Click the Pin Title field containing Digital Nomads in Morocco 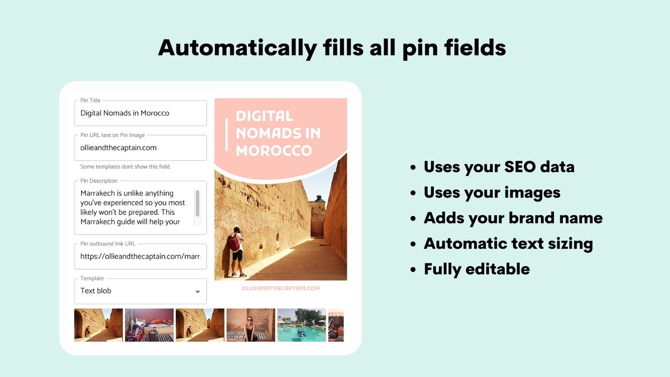pyautogui.click(x=140, y=113)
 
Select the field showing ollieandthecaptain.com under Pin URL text pyautogui.click(x=140, y=148)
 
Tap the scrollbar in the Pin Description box pyautogui.click(x=197, y=203)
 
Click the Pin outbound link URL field pyautogui.click(x=140, y=256)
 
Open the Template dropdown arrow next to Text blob pyautogui.click(x=197, y=292)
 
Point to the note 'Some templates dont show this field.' pyautogui.click(x=125, y=166)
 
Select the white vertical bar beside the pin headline pyautogui.click(x=226, y=134)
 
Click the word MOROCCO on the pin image pyautogui.click(x=274, y=151)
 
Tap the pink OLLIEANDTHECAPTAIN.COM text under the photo pyautogui.click(x=280, y=288)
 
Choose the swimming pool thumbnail pyautogui.click(x=301, y=325)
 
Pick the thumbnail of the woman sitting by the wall pyautogui.click(x=251, y=325)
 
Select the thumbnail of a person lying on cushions pyautogui.click(x=149, y=325)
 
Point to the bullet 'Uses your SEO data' pyautogui.click(x=499, y=166)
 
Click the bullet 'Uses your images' pyautogui.click(x=491, y=192)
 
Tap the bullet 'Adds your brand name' pyautogui.click(x=513, y=218)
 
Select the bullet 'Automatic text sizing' pyautogui.click(x=508, y=244)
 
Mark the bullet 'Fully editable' pyautogui.click(x=476, y=269)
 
